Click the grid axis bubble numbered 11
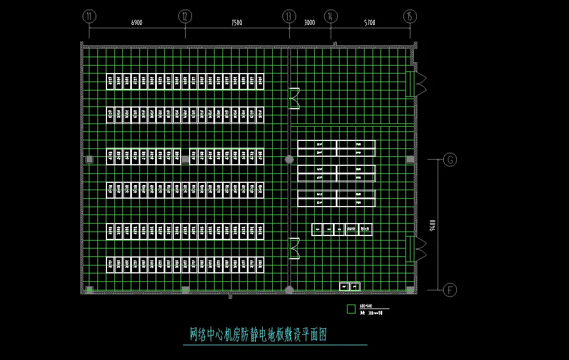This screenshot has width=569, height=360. [88, 16]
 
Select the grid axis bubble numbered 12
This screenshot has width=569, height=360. [185, 16]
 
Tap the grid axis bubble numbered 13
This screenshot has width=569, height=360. [289, 16]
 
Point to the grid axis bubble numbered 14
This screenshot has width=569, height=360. [331, 16]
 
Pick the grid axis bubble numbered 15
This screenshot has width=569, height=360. [410, 16]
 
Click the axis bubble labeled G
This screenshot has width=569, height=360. [450, 160]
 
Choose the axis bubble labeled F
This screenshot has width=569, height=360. [450, 290]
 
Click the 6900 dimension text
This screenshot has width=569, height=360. [136, 23]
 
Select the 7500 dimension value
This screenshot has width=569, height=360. [237, 23]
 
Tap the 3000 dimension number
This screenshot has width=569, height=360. [310, 23]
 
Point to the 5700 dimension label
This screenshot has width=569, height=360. [370, 23]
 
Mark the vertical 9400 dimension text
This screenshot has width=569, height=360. [433, 225]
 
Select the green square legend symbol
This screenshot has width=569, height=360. [351, 309]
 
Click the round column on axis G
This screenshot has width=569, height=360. [289, 160]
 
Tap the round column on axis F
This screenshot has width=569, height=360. [289, 290]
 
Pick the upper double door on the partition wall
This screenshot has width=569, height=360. [294, 98]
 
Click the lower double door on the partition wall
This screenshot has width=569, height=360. [294, 248]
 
